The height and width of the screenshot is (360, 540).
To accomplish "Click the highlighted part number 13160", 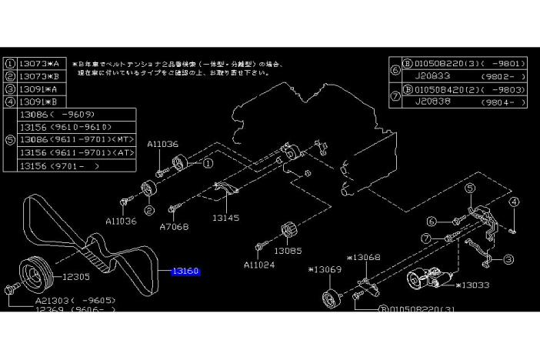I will click(185, 272).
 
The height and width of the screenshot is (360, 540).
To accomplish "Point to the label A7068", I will click(174, 228).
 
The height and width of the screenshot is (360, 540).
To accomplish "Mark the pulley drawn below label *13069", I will click(331, 298).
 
